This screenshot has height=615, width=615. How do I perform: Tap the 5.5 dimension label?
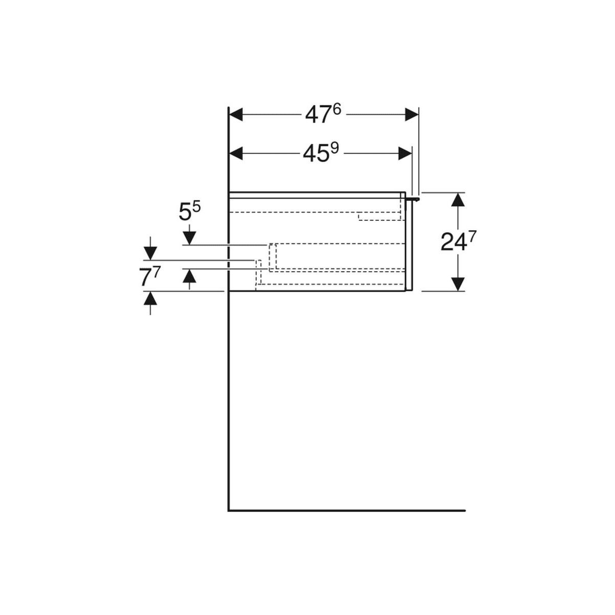tap(190, 211)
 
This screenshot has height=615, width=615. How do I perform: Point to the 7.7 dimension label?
tap(150, 277)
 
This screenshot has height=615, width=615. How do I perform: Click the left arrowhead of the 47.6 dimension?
tap(236, 115)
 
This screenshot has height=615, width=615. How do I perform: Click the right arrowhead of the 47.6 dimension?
tap(412, 115)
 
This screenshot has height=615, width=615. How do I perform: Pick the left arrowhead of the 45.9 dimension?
tap(236, 154)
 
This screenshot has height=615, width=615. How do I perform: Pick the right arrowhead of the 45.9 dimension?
tap(405, 154)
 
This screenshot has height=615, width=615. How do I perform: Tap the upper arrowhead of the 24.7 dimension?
tap(458, 199)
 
